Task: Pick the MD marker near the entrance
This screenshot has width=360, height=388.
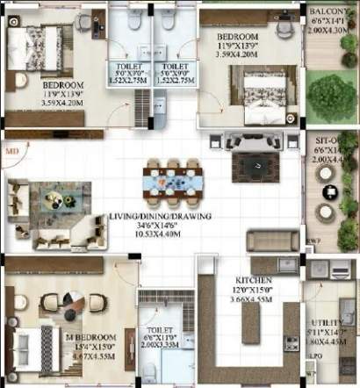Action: (11, 152)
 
